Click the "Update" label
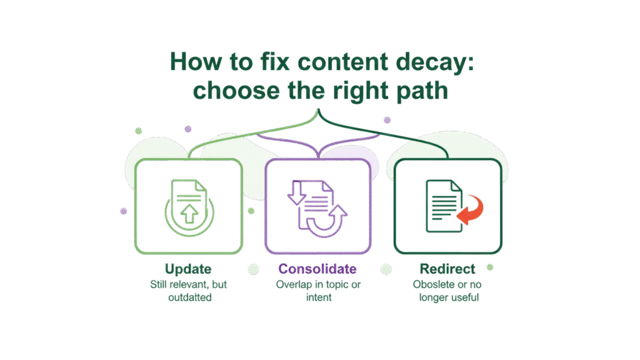pos(188,269)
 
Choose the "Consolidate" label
pos(317,269)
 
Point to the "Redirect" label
pos(447,269)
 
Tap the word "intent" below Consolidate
pos(318,298)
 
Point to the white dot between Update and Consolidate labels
pos(254,269)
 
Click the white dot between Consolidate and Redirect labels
pos(386,269)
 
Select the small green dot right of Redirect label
pos(490,267)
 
